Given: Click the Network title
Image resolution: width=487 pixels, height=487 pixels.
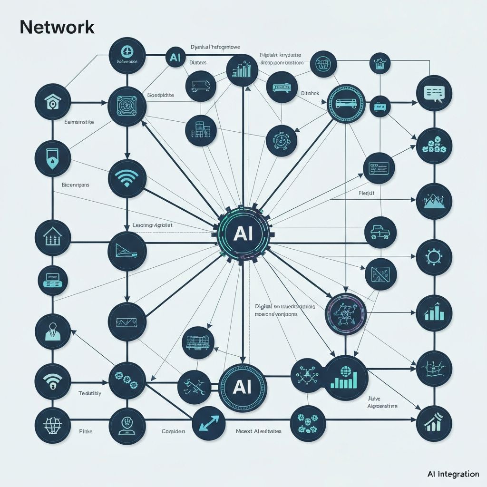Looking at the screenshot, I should (x=57, y=28).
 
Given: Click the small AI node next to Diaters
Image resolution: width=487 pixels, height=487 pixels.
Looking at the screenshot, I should (x=174, y=58).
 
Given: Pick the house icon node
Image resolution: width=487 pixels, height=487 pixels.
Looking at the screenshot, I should (x=53, y=101).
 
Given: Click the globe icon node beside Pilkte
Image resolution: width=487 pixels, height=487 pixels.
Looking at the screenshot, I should (x=53, y=423).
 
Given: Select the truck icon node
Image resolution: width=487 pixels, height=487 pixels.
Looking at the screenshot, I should (x=380, y=232).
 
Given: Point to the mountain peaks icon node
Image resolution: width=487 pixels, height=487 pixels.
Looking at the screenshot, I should (x=433, y=201).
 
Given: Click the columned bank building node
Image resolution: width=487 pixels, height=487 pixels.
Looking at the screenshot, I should (x=53, y=236).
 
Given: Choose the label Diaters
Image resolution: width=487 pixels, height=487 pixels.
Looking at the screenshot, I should (x=197, y=62).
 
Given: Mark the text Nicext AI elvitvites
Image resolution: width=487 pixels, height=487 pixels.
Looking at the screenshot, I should (x=258, y=431).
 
